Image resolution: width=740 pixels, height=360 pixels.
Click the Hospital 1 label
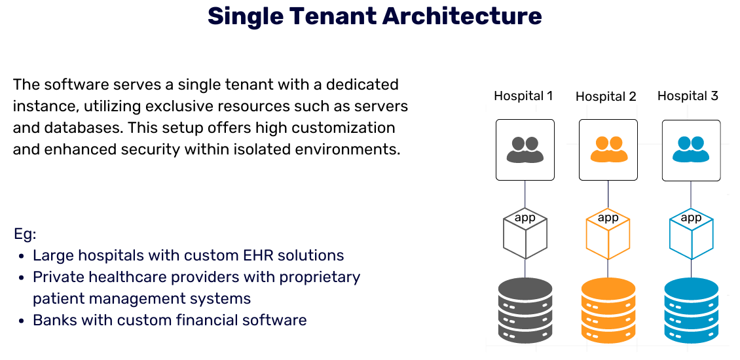click(523, 96)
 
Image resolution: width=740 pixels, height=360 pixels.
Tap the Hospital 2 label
click(606, 97)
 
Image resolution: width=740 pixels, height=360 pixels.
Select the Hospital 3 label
click(688, 96)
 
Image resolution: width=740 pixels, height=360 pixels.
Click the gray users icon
click(525, 149)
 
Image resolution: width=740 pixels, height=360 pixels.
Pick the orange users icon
click(608, 149)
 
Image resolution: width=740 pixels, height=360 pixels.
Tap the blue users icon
click(692, 149)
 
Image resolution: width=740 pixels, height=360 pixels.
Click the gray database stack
click(525, 311)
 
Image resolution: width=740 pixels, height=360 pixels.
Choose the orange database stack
click(608, 311)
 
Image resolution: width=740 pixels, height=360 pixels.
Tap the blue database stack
click(692, 311)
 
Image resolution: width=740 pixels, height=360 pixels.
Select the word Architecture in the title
click(462, 16)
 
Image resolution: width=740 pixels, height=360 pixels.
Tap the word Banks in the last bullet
click(54, 320)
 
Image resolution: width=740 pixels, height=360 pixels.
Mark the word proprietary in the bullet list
click(320, 277)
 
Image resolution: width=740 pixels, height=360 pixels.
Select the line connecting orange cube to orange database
click(608, 268)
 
